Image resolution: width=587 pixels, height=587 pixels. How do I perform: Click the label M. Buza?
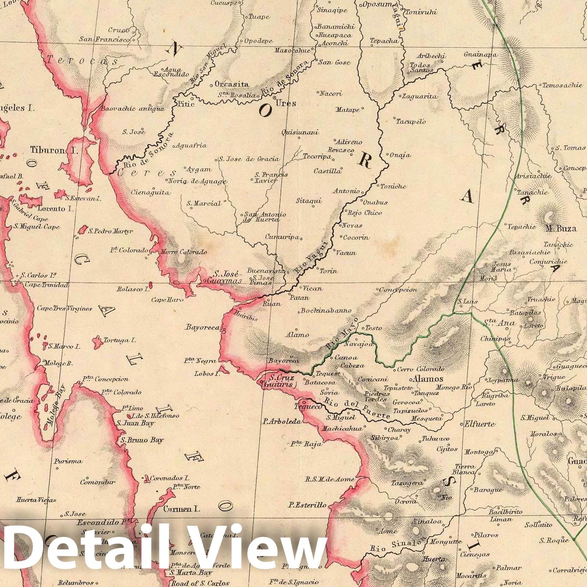pyautogui.click(x=561, y=228)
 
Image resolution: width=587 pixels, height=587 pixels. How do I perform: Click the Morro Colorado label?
pyautogui.click(x=183, y=252)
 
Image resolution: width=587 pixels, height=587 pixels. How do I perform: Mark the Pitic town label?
pyautogui.click(x=185, y=103)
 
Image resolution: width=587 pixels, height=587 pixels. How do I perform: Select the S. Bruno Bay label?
pyautogui.click(x=146, y=440)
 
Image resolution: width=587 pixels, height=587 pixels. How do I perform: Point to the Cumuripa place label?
pyautogui.click(x=282, y=237)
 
